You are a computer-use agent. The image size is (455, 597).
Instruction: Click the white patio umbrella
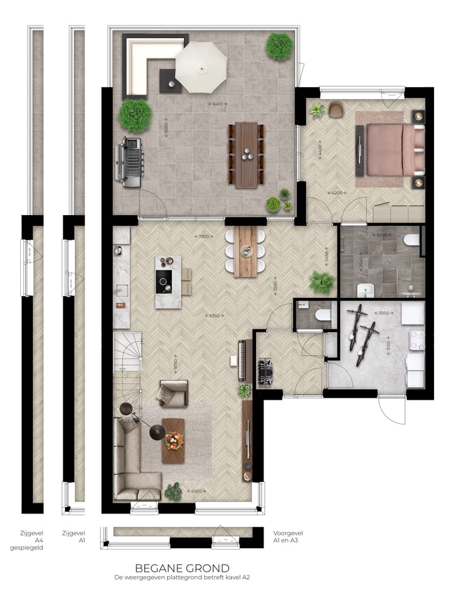click(x=201, y=66)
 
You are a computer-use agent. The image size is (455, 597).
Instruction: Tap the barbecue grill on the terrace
click(x=130, y=163)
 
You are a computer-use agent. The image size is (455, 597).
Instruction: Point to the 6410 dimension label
click(x=217, y=103)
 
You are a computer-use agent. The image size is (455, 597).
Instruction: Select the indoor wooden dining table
click(x=246, y=251)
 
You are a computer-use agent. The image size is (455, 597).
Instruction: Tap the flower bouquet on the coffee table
click(x=173, y=437)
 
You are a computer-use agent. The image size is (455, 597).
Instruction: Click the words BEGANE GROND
click(x=182, y=569)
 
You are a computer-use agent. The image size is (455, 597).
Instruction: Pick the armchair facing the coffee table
click(x=173, y=393)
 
